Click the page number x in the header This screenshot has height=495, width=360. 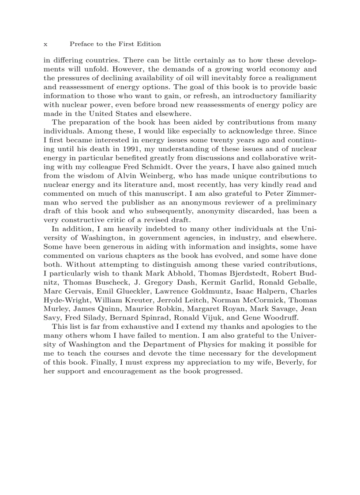(45, 44)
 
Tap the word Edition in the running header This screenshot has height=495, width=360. (150, 44)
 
